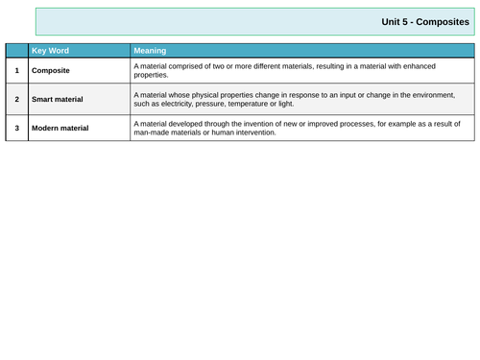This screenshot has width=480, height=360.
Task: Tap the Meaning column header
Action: tap(150, 50)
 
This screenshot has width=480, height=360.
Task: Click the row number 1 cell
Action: tap(17, 70)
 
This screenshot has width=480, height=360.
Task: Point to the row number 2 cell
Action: tap(17, 99)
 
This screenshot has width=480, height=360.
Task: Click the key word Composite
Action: tap(51, 70)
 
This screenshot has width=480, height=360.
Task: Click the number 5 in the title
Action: tap(404, 22)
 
